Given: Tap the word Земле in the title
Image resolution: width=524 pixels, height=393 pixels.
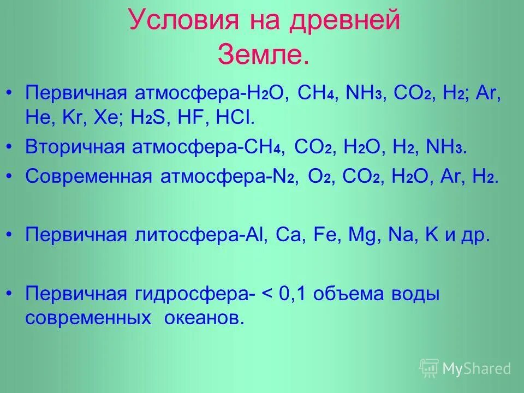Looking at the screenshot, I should click(x=263, y=55).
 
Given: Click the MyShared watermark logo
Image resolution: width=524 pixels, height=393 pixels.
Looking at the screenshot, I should click(x=465, y=368).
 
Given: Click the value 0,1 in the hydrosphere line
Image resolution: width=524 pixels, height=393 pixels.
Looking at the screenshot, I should click(x=292, y=295).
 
